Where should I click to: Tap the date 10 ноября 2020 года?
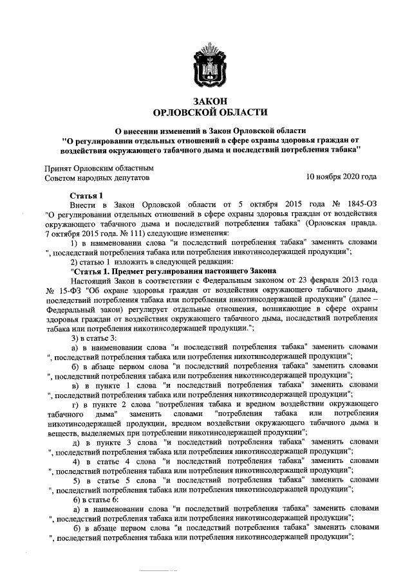(341, 176)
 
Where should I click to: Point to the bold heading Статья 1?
(86, 194)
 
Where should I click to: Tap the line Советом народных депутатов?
(96, 176)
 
